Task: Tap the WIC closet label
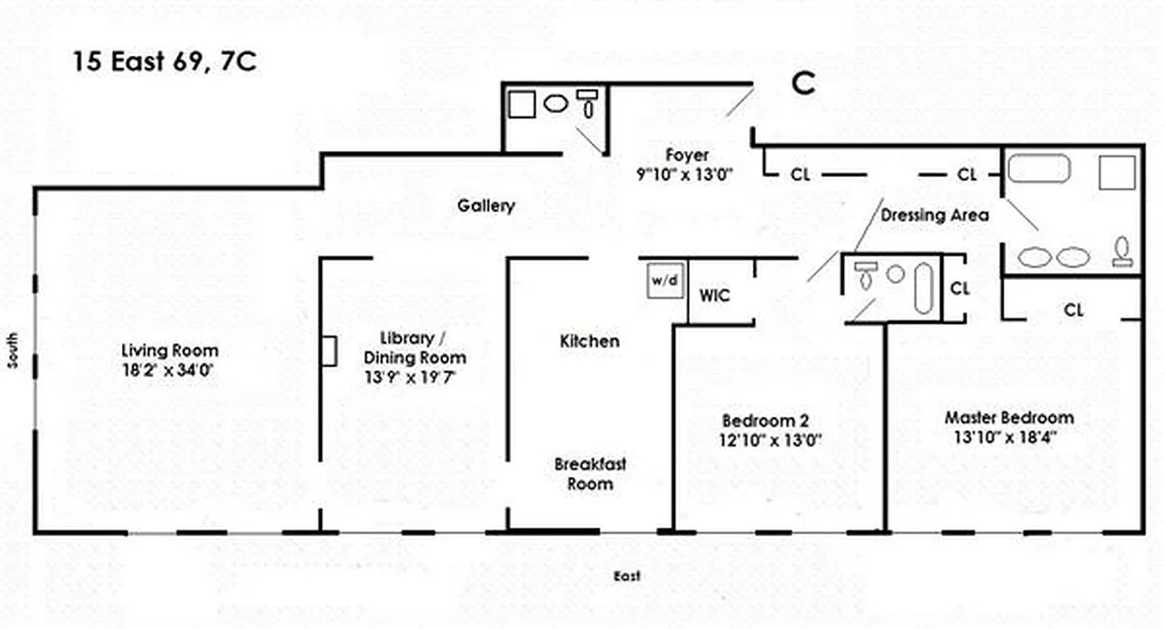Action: [x=714, y=296]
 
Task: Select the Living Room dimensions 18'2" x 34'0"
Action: [x=169, y=369]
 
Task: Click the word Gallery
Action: [x=486, y=206]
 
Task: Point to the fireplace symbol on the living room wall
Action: [x=329, y=351]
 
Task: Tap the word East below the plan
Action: [x=627, y=576]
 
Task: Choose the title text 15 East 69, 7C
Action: [x=164, y=62]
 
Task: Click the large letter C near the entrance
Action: [x=803, y=83]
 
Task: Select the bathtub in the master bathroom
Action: [x=1038, y=168]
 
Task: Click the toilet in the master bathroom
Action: [x=1123, y=251]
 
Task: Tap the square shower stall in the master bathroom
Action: [x=1117, y=172]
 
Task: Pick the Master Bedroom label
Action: [x=1009, y=417]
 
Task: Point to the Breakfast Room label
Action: [x=590, y=473]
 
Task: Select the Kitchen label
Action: [x=589, y=341]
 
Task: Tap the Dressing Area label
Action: [x=935, y=215]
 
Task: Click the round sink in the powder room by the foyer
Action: [x=556, y=102]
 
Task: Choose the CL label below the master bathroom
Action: [x=1073, y=310]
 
